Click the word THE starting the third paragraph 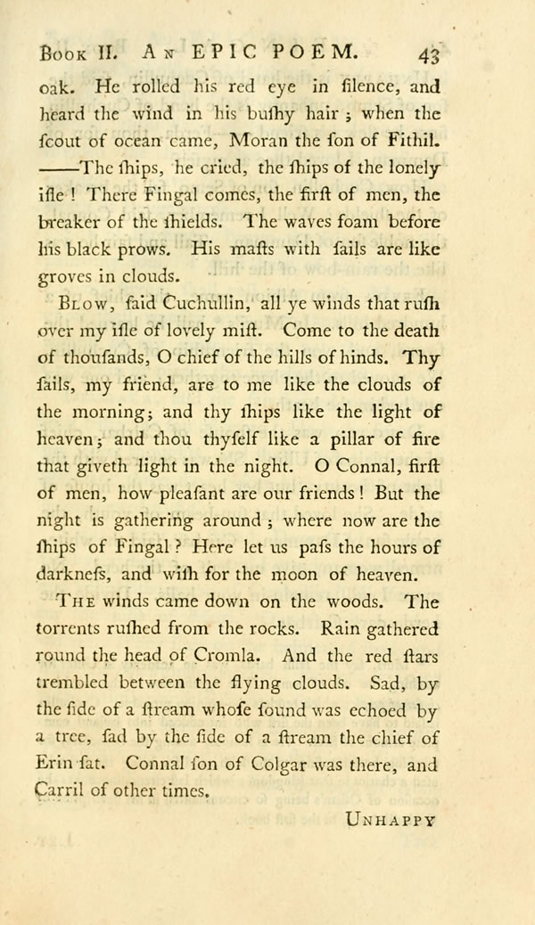point(76,602)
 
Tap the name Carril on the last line point(61,789)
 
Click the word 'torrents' point(75,628)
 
